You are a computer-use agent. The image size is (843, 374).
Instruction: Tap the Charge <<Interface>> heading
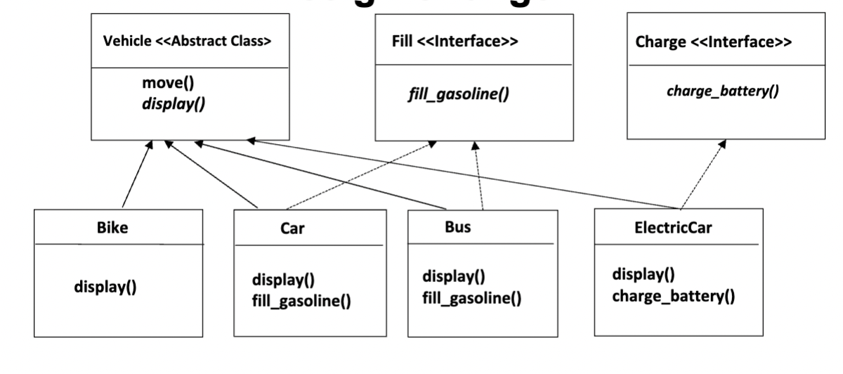(713, 42)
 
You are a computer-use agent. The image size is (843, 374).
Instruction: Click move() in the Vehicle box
(167, 83)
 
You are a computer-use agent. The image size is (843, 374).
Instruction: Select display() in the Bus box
(454, 276)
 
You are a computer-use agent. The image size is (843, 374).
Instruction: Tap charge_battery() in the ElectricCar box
(673, 296)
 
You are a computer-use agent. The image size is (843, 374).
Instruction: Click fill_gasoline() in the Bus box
(471, 298)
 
